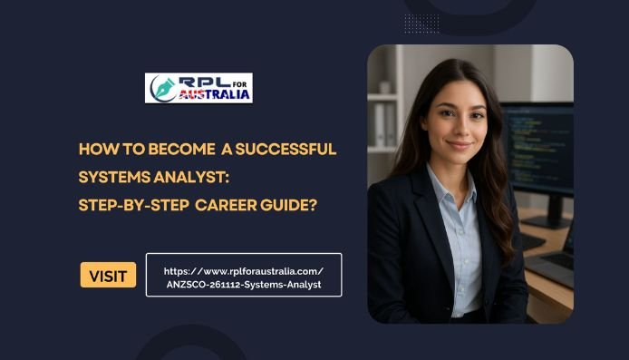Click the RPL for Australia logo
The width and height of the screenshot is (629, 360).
199,88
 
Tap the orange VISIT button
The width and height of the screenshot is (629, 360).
108,275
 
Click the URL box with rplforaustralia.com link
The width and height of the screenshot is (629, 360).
244,275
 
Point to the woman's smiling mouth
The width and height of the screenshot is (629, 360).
460,145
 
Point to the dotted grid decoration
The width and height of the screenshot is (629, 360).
421,23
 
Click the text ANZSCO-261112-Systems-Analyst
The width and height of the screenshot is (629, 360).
244,284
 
